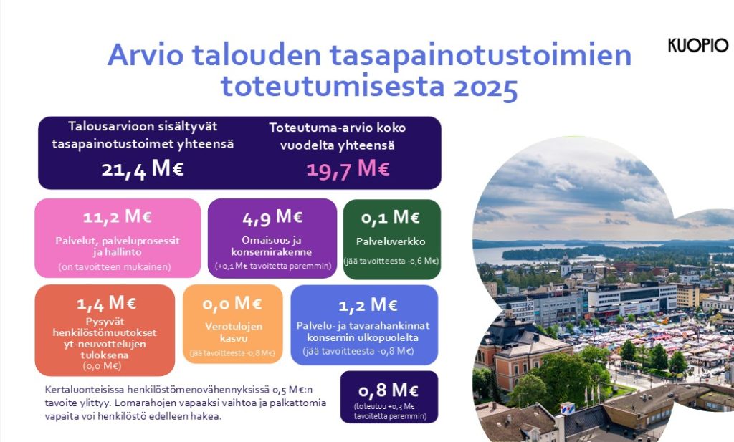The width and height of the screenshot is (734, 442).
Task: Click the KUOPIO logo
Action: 697,46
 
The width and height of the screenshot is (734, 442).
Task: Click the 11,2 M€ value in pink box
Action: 118,217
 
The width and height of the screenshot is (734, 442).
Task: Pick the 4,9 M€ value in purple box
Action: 272,216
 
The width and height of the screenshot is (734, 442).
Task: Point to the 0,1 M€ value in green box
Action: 391,217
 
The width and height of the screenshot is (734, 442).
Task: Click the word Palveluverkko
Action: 391,241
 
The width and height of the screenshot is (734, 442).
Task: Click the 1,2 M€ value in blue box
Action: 367,306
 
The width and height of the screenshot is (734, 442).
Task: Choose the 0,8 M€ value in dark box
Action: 388,390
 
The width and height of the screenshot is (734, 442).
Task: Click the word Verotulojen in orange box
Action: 232,326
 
